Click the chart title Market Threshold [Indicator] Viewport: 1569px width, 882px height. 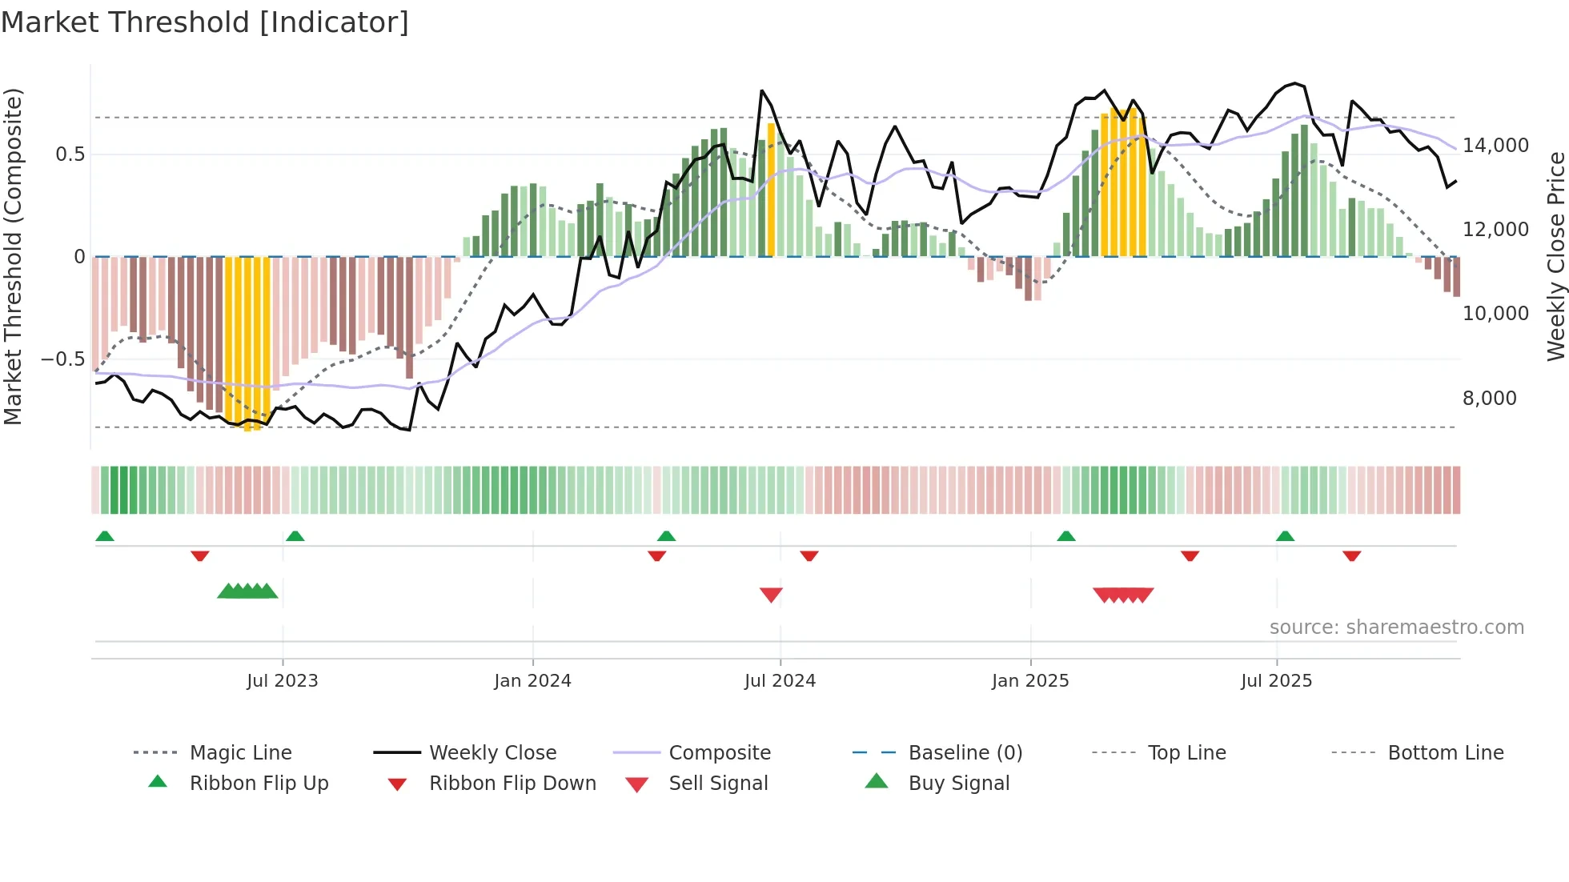pos(205,22)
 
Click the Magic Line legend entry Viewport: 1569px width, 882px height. pos(240,752)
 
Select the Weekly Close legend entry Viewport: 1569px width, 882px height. pos(492,752)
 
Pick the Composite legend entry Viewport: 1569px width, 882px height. pos(719,752)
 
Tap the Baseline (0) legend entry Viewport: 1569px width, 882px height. pos(965,752)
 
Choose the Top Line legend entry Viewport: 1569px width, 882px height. pos(1186,752)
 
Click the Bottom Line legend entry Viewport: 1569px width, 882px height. pos(1445,752)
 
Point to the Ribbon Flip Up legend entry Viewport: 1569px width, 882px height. pos(259,783)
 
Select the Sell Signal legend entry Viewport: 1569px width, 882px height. pos(717,783)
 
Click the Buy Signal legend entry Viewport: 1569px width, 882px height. pos(958,783)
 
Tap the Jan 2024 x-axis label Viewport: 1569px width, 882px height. pos(532,680)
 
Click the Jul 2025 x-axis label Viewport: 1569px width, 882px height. pos(1276,680)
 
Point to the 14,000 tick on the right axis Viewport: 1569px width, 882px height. pos(1495,146)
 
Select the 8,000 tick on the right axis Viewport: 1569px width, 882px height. pos(1489,398)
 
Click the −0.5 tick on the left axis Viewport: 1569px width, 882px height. pos(62,359)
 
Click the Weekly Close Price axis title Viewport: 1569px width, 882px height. pos(1555,256)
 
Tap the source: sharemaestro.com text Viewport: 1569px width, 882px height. pos(1396,627)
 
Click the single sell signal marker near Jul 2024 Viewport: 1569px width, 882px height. pos(771,594)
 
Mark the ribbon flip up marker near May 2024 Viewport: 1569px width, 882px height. pos(666,535)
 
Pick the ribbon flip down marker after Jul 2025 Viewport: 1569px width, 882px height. pos(1351,555)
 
